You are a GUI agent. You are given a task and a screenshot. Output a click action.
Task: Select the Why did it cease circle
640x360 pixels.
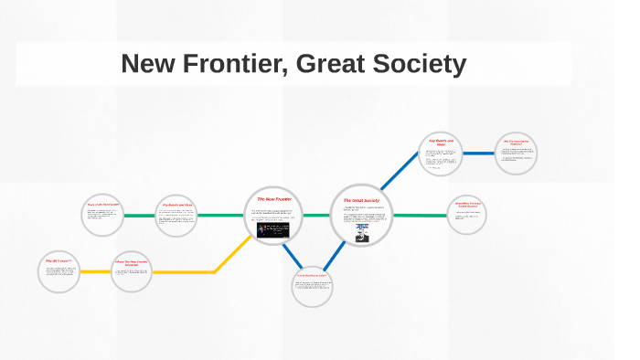[59, 270]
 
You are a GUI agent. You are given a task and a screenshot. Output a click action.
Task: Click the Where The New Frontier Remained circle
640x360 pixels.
[131, 271]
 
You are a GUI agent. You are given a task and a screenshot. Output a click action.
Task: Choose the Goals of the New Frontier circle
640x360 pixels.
[103, 216]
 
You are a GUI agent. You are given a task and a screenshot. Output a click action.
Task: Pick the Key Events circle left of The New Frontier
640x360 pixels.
[176, 217]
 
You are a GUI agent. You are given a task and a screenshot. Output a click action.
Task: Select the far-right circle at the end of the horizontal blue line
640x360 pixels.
[516, 153]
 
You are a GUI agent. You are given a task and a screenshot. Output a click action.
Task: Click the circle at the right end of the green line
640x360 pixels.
[467, 216]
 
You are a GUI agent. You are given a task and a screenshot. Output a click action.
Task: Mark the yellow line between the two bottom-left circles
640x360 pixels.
[95, 271]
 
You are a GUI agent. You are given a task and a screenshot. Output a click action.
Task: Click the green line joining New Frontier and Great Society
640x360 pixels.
[316, 216]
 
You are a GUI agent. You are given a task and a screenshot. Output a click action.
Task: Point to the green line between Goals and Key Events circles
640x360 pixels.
[140, 216]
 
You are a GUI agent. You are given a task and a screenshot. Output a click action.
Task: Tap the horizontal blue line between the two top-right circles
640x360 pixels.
[477, 153]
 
